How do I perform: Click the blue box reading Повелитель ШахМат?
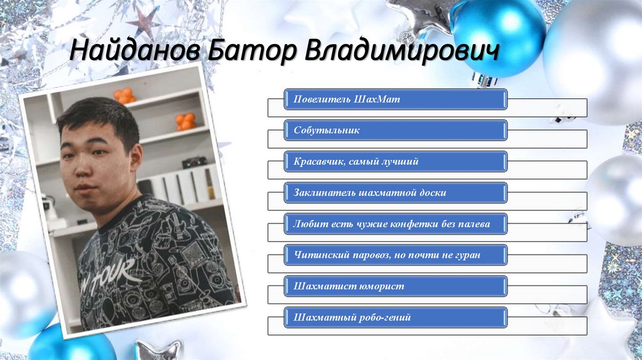396,100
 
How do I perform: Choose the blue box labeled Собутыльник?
396,130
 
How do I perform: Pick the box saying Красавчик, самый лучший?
396,162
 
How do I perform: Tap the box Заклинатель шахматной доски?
396,193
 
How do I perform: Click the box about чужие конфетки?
396,223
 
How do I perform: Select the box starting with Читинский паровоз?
396,255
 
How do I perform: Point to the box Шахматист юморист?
396,286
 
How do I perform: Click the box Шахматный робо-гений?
396,317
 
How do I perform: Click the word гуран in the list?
470,255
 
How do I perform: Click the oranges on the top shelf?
124,96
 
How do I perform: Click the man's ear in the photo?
135,156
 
